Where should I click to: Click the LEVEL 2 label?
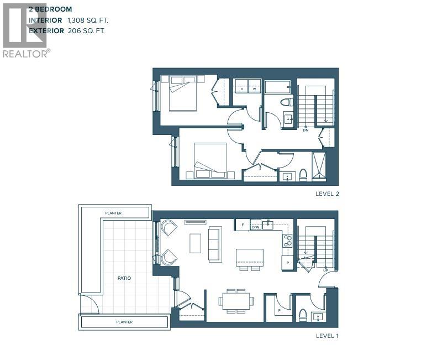(x=327, y=194)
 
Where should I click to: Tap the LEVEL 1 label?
(x=327, y=336)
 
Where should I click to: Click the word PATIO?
(x=124, y=278)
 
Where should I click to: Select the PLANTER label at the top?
(x=113, y=213)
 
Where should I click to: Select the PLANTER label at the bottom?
(x=124, y=321)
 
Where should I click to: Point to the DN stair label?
(x=306, y=130)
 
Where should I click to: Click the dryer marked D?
(x=241, y=86)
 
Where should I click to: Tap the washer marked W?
(x=254, y=86)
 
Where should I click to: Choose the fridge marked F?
(x=242, y=225)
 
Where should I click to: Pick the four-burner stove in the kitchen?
(x=287, y=241)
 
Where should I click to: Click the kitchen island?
(x=249, y=257)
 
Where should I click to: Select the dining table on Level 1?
(x=236, y=301)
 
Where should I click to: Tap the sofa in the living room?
(x=214, y=243)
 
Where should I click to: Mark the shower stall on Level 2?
(x=319, y=166)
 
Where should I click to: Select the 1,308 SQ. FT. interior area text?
(x=88, y=20)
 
